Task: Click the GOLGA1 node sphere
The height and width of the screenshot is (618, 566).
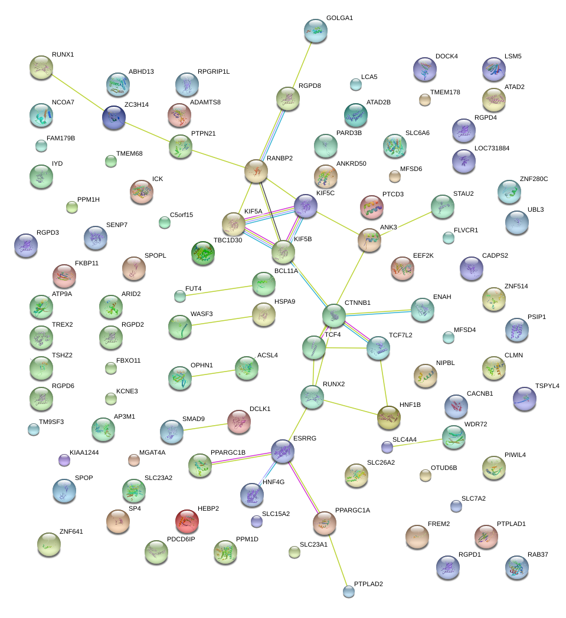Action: pos(315,31)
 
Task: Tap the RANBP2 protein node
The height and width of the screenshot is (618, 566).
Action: pos(256,171)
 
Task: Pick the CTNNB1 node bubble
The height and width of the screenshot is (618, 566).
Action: pos(334,315)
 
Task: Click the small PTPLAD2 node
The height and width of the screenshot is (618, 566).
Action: pos(349,591)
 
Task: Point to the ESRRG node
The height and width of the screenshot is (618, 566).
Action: pos(283,451)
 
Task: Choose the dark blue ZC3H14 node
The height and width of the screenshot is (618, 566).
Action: pos(113,118)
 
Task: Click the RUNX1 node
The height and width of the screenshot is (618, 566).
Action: pos(41,68)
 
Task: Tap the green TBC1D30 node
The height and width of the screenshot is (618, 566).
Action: pos(203,253)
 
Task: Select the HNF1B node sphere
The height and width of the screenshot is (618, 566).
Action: pos(388,418)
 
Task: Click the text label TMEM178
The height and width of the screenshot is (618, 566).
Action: pos(445,93)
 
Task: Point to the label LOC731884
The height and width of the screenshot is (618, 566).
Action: pos(492,148)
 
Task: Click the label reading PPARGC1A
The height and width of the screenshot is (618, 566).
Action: pos(352,510)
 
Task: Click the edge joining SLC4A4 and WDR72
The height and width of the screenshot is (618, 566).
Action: pos(418,442)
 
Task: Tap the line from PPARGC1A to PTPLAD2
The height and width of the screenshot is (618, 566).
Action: pos(336,557)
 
